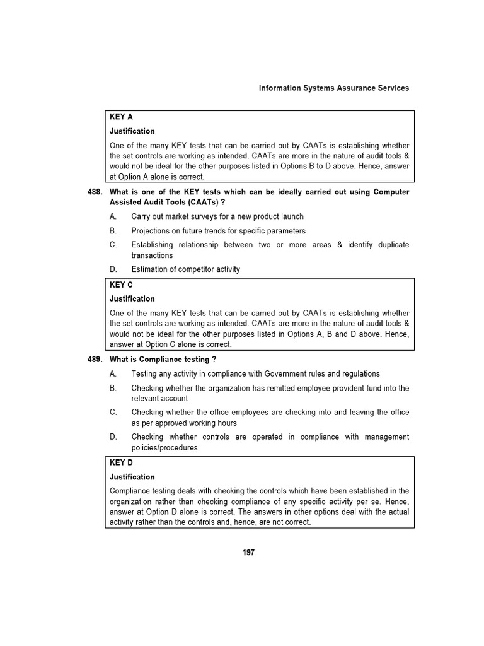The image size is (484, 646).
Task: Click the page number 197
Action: [248, 553]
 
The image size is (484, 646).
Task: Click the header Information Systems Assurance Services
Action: [333, 88]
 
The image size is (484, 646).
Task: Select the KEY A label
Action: [121, 117]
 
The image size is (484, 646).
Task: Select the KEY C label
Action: [121, 285]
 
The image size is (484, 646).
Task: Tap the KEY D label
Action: [121, 463]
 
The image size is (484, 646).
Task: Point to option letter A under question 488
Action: [113, 216]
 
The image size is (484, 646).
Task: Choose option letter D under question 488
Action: [113, 269]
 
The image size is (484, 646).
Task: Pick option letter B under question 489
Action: [113, 388]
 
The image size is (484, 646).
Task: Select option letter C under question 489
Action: [113, 413]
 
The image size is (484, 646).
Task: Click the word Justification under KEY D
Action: [132, 477]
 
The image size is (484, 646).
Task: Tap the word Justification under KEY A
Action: [132, 131]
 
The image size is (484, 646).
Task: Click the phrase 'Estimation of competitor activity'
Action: [185, 269]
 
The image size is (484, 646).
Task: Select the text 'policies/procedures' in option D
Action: [164, 448]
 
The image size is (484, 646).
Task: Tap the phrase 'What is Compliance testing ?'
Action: [163, 360]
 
